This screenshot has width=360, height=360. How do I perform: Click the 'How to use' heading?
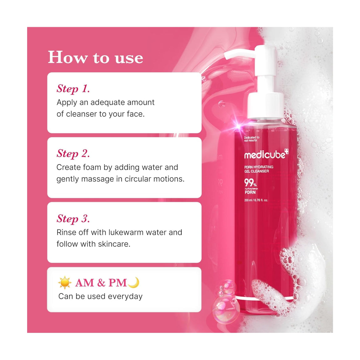(95, 58)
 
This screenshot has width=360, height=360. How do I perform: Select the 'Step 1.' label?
(73, 89)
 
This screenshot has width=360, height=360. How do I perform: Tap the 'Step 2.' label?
(73, 154)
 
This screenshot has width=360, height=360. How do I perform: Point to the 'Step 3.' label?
(73, 219)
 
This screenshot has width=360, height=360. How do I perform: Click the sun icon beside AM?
(65, 283)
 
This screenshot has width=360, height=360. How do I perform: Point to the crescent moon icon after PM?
(134, 282)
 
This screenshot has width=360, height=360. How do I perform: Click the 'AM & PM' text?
(101, 283)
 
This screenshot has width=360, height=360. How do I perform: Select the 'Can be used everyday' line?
(100, 296)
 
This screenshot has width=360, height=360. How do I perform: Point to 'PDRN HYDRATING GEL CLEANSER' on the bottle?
(259, 169)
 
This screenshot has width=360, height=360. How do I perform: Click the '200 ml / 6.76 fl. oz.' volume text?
(256, 200)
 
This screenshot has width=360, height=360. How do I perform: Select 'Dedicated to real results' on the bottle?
(251, 139)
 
